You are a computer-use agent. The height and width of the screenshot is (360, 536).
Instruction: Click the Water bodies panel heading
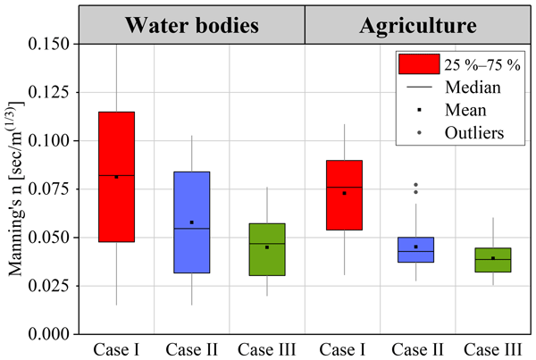(x=192, y=25)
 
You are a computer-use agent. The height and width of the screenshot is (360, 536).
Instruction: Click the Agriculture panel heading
(x=417, y=25)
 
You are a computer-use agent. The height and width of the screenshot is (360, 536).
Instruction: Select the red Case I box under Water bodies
(x=116, y=176)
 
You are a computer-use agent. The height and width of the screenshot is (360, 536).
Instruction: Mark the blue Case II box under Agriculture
(x=417, y=249)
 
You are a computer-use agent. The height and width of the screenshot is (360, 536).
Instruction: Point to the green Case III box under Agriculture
(x=492, y=260)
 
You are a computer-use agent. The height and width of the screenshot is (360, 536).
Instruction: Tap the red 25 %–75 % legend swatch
(x=418, y=63)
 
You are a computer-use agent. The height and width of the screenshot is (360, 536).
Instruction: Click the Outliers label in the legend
(x=477, y=133)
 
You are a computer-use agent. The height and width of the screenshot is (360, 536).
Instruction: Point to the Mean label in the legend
(x=466, y=111)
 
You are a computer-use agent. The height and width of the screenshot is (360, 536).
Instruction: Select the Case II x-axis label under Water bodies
(x=191, y=348)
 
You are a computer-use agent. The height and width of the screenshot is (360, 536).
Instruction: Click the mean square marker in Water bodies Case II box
(x=191, y=222)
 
